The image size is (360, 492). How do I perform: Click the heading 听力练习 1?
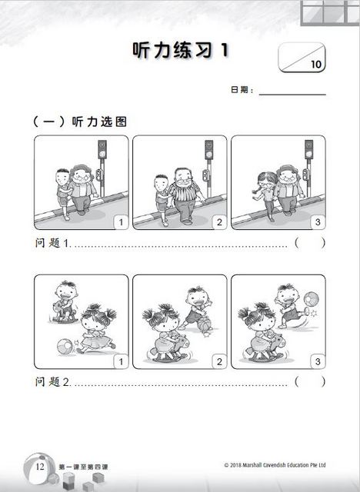click(x=181, y=50)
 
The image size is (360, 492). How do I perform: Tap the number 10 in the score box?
click(x=316, y=64)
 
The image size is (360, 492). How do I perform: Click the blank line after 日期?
click(x=292, y=94)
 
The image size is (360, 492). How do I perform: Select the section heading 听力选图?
click(x=99, y=121)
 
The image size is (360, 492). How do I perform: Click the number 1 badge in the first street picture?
click(x=121, y=222)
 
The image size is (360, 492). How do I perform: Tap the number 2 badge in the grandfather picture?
click(x=219, y=222)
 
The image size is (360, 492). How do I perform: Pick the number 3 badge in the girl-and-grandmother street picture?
click(x=318, y=222)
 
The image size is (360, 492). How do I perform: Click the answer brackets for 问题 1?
click(x=310, y=243)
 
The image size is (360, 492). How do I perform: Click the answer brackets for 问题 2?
click(x=310, y=382)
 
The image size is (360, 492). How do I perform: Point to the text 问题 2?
click(x=52, y=382)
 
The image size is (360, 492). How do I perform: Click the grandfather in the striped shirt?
click(x=185, y=195)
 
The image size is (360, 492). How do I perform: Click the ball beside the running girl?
click(x=65, y=347)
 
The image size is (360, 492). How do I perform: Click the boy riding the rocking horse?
click(x=65, y=301)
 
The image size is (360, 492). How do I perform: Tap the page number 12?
click(x=40, y=467)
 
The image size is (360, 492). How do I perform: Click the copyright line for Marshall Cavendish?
click(x=275, y=465)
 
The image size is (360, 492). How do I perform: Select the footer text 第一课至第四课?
click(x=84, y=467)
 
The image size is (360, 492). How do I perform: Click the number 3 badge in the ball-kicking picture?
click(x=318, y=361)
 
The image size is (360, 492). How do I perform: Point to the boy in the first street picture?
click(x=64, y=194)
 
